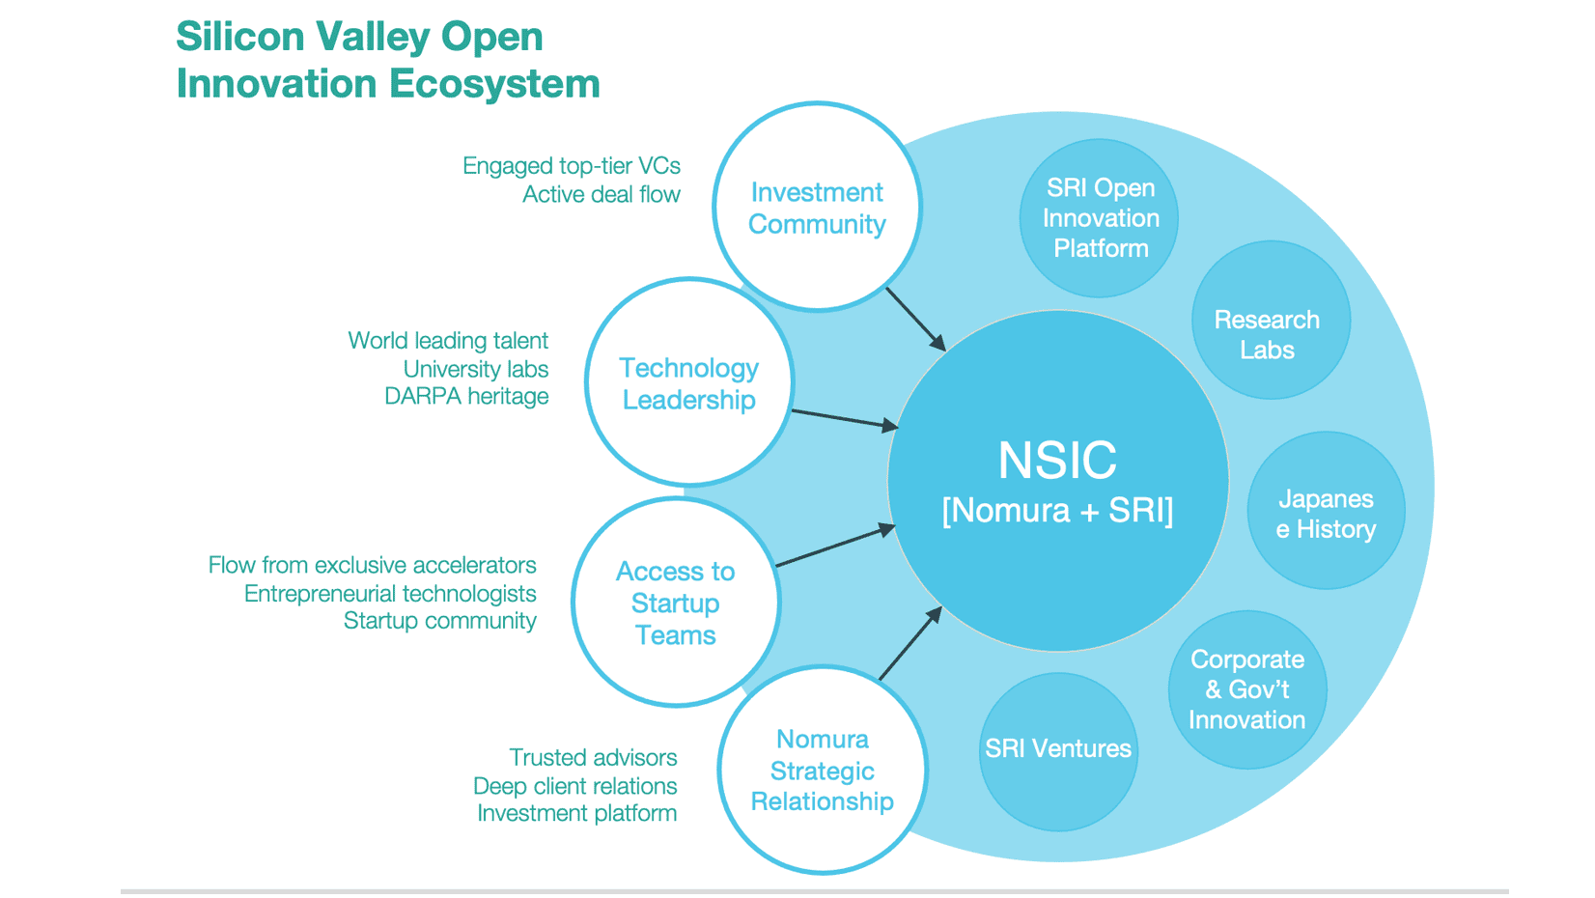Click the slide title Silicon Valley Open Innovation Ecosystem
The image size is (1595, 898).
click(x=387, y=60)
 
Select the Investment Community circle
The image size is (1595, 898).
click(x=817, y=208)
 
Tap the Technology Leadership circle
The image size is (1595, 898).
click(x=688, y=383)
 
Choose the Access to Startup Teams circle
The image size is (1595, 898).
click(x=675, y=603)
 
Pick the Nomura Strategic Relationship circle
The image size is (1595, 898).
click(x=822, y=771)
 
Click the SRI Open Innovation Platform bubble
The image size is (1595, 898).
click(x=1100, y=218)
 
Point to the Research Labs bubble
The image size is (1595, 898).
click(x=1267, y=334)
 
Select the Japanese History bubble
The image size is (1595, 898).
click(x=1326, y=513)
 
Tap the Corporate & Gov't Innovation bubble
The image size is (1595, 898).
click(x=1246, y=689)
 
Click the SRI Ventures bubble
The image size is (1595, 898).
click(x=1057, y=749)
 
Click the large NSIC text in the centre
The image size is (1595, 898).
click(x=1057, y=460)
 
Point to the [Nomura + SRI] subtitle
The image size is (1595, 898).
click(x=1057, y=510)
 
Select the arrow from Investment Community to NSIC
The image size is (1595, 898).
click(x=915, y=319)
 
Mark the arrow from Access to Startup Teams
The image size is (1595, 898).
click(x=835, y=546)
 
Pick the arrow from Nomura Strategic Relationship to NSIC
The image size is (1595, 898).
click(x=909, y=645)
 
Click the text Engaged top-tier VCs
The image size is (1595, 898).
click(x=571, y=166)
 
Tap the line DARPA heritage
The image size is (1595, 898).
click(x=466, y=397)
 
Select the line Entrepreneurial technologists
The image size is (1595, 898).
click(x=390, y=594)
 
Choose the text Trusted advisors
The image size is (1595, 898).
click(x=593, y=758)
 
